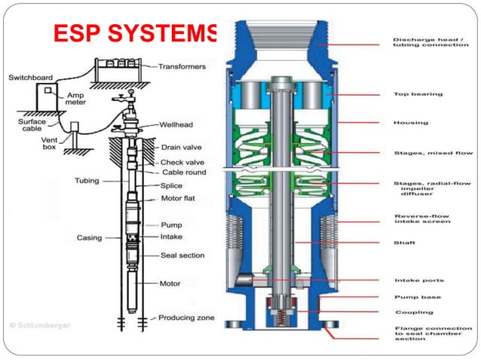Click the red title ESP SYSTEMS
[136, 34]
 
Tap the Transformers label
[182, 66]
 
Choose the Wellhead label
[179, 124]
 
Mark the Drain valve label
[182, 147]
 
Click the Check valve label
[182, 162]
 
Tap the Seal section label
[182, 255]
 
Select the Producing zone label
[187, 318]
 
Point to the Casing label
[89, 238]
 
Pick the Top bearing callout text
[418, 95]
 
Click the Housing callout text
[411, 123]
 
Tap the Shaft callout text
[405, 243]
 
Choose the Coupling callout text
[414, 312]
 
